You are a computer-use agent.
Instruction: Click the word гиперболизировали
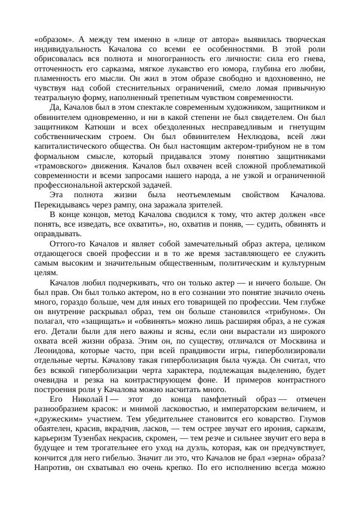coord(290,351)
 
